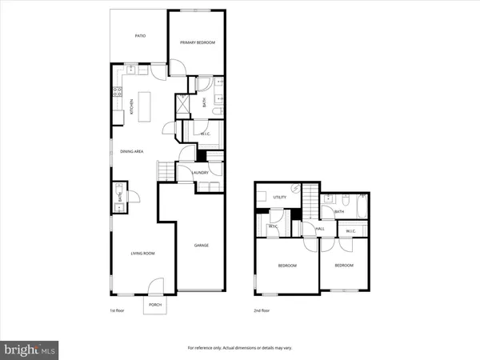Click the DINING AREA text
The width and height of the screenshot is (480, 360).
131,150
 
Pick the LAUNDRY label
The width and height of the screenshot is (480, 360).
200,171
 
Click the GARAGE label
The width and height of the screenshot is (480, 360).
201,245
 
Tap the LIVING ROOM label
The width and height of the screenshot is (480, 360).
142,254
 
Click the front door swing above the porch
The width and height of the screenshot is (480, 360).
157,285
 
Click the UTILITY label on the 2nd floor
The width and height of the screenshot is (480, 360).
280,197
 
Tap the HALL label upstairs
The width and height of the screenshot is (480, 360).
319,229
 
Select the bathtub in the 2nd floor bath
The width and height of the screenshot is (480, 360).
360,210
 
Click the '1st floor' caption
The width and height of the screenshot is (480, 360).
118,310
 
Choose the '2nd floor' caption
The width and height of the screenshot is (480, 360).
262,310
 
